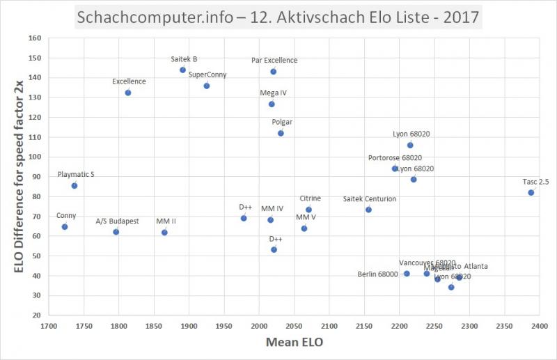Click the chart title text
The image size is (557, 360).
[278, 16]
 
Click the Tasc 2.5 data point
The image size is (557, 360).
[531, 193]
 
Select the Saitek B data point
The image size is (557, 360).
[182, 70]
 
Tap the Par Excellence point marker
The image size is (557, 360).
[274, 72]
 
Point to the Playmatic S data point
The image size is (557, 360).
[74, 186]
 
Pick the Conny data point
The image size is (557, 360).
[65, 227]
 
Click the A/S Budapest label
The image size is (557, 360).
[117, 221]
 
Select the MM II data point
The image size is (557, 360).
[164, 233]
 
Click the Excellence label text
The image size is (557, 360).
[129, 81]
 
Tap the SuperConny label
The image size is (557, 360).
[207, 75]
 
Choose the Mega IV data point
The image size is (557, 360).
[272, 104]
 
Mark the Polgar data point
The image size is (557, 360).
[281, 133]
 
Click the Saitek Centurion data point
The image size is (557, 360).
[368, 210]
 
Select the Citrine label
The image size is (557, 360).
[310, 199]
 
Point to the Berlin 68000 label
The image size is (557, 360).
[379, 274]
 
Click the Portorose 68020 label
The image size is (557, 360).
[395, 158]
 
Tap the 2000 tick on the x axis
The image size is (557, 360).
[259, 325]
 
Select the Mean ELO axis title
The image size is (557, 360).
[294, 343]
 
